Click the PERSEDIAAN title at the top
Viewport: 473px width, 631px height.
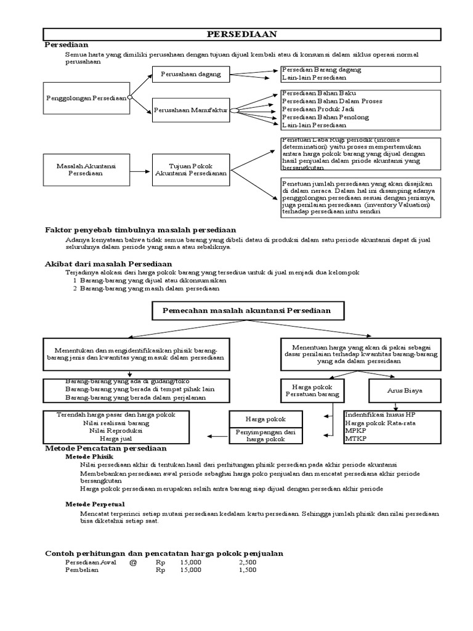[241, 35]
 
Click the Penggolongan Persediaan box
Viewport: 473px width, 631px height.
[86, 98]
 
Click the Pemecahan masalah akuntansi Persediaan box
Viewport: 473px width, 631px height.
[246, 311]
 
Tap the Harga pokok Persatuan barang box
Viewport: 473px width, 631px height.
[304, 391]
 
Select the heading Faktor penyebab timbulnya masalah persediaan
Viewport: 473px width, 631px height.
[140, 230]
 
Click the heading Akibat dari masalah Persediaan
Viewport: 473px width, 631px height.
[108, 264]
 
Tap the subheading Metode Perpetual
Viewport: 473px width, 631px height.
[95, 504]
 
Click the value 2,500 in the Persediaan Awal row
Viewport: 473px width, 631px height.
[248, 563]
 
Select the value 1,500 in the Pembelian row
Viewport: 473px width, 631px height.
[248, 571]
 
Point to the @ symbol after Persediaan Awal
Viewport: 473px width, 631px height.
[132, 563]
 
